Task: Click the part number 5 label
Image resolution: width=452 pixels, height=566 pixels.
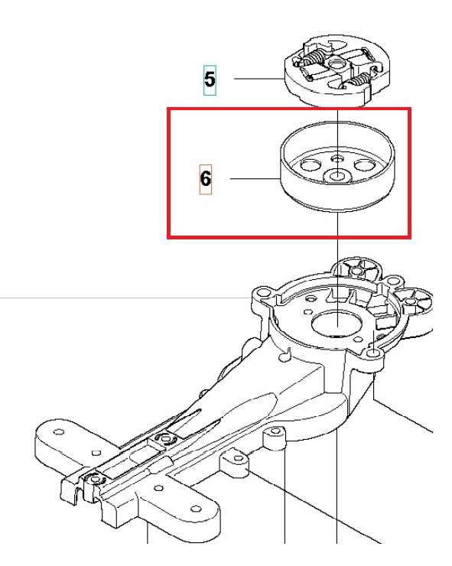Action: pos(210,80)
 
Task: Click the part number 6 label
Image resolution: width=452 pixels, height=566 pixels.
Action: pos(206,180)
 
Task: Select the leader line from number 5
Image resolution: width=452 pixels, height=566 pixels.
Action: pos(259,78)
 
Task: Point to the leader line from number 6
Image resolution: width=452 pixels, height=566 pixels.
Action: pos(255,178)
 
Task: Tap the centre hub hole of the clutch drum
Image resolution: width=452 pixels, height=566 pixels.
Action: pos(337,176)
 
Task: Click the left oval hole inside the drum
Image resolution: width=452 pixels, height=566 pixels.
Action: pos(311,165)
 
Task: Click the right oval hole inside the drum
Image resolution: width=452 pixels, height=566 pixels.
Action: pos(364,165)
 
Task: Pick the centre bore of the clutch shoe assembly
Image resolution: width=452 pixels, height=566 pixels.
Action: pos(336,66)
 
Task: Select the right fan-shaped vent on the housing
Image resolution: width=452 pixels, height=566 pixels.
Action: pos(414,301)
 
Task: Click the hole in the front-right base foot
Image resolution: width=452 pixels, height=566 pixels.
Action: pos(196,509)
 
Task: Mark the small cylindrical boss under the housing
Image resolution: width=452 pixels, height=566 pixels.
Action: pos(275,438)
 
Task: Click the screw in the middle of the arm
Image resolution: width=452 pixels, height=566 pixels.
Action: pos(166,438)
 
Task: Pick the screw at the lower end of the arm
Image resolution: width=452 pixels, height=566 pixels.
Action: pos(95,479)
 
